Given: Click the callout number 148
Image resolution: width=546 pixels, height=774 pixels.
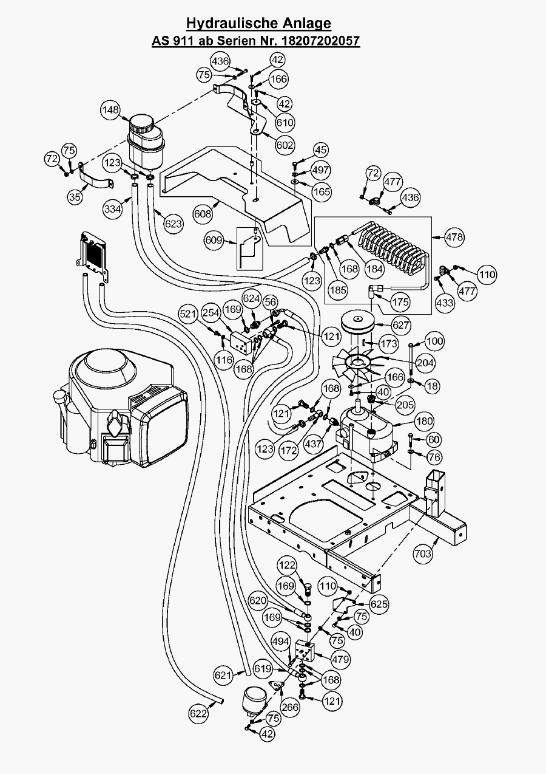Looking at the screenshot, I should coord(110,110).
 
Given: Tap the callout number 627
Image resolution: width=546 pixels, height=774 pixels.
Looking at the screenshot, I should coord(401,325).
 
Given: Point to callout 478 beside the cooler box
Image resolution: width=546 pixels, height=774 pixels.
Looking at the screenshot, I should coord(454,236).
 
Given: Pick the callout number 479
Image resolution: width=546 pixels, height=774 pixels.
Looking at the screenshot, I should coord(340,658).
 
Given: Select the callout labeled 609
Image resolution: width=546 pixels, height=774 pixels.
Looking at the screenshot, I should coord(214,241).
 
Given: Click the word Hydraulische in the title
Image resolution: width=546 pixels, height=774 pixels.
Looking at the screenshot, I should coord(224,23).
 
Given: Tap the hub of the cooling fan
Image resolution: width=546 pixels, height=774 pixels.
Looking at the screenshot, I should coord(358,363).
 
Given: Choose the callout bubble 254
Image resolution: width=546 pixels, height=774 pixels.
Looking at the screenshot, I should coord(211,313).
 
